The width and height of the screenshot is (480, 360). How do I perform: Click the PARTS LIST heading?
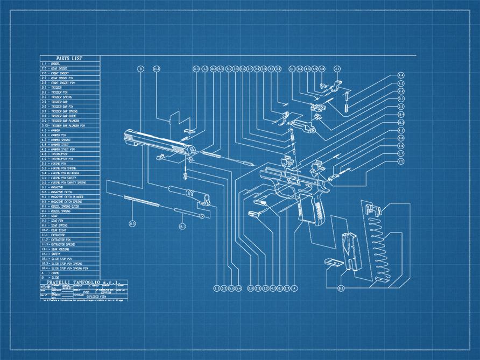[x=69, y=58]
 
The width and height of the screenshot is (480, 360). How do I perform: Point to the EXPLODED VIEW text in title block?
[x=92, y=296]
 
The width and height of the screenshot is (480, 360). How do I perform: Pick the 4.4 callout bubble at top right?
[x=401, y=75]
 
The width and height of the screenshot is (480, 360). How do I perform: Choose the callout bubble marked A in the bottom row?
[x=294, y=288]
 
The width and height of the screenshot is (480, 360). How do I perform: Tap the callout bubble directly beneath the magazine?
[x=341, y=288]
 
